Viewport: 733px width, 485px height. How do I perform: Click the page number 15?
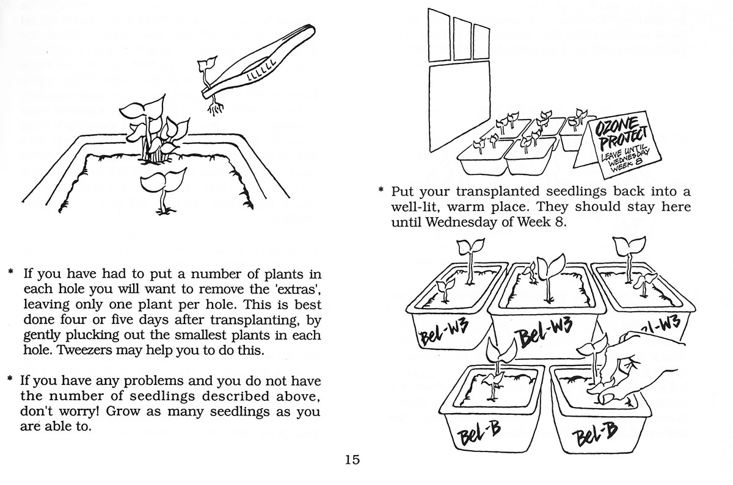352,459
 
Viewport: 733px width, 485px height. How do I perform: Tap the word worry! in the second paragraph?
80,411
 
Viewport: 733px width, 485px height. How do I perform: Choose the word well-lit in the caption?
418,207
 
